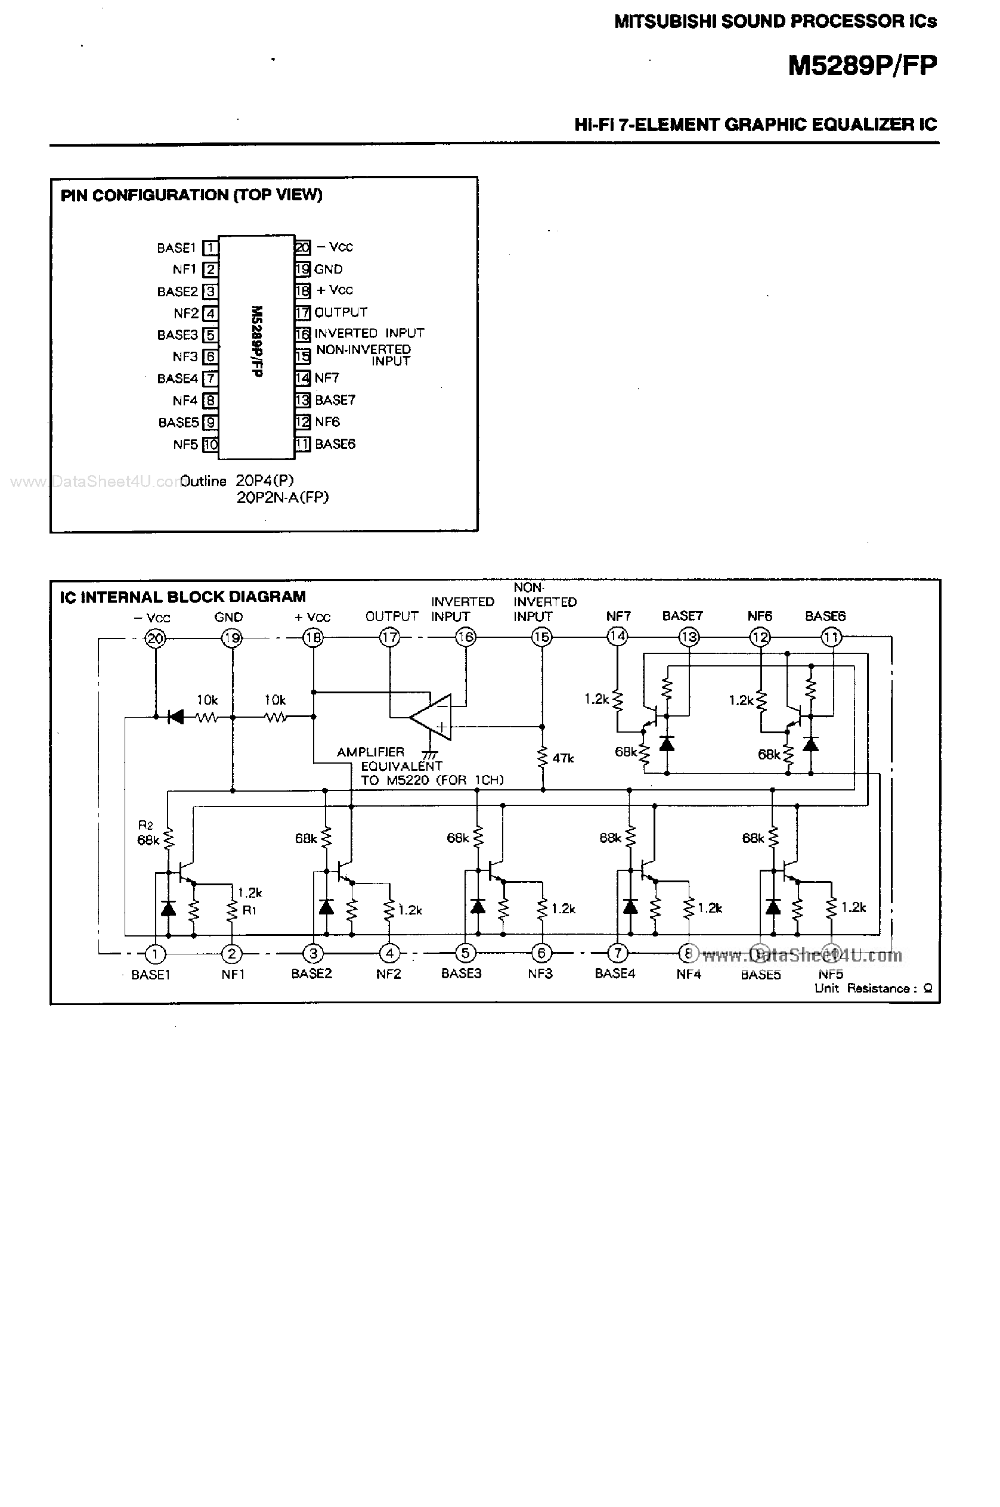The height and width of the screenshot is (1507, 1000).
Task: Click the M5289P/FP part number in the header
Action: point(862,65)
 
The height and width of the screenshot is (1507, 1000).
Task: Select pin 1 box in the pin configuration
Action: point(210,247)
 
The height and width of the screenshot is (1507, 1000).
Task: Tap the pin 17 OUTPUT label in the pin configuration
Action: point(340,312)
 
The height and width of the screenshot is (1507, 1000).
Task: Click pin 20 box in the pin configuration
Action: point(302,247)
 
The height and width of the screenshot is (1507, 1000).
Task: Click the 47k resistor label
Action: point(563,758)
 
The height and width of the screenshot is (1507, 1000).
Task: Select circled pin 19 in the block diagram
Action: point(231,637)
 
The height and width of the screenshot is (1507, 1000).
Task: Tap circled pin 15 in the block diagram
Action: point(541,637)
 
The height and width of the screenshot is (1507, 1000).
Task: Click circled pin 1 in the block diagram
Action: point(155,954)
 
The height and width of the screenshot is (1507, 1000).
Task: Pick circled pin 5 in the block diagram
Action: point(466,953)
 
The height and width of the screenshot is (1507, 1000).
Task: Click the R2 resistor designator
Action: point(145,825)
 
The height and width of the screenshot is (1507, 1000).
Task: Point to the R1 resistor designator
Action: point(249,910)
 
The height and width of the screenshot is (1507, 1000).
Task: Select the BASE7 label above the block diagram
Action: point(682,616)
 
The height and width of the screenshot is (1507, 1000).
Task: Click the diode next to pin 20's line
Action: point(175,717)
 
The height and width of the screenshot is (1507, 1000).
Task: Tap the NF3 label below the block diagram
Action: point(540,973)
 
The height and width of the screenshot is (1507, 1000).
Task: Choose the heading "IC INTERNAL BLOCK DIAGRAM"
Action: point(183,597)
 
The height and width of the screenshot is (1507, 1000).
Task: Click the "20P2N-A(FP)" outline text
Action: point(283,497)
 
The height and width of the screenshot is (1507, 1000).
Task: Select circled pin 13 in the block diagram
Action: point(689,637)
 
